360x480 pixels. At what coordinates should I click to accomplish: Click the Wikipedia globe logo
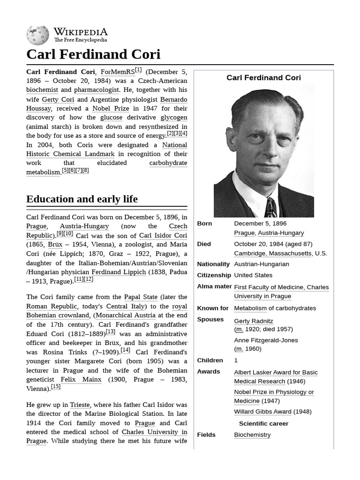click(37, 36)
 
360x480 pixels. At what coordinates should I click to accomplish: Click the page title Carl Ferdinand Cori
click(93, 54)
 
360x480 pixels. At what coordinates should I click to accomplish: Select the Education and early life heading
click(82, 199)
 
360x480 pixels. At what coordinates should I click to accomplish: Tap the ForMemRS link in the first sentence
click(118, 72)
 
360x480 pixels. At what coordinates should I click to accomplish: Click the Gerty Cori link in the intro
click(58, 99)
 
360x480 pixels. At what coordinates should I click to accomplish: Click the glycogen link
click(173, 117)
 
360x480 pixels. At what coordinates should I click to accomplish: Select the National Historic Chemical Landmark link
click(107, 150)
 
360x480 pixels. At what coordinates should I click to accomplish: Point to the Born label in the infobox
click(204, 224)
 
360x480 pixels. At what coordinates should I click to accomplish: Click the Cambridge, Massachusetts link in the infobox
click(272, 253)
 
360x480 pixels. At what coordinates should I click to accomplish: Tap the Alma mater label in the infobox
click(214, 286)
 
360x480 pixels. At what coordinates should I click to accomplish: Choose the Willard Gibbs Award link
click(262, 412)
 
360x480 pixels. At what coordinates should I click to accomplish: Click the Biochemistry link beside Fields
click(252, 435)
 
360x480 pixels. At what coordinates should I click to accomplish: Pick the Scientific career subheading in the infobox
click(263, 423)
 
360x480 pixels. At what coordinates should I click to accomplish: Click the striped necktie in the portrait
click(270, 208)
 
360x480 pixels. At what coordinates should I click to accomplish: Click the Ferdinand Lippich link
click(119, 272)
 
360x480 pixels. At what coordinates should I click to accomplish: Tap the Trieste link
click(80, 405)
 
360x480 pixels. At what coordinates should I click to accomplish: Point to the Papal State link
click(142, 297)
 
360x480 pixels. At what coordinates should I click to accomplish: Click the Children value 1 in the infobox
click(236, 360)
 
